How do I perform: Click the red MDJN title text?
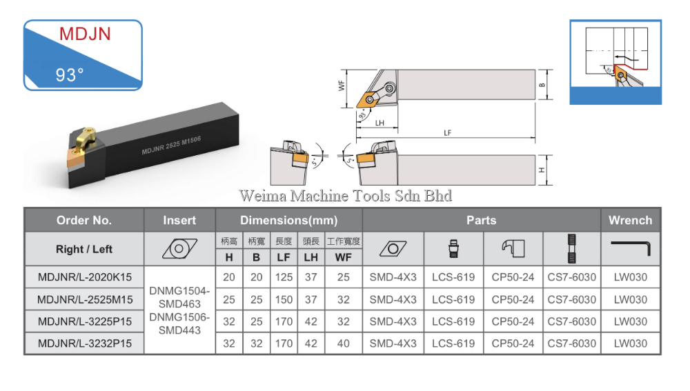click(85, 34)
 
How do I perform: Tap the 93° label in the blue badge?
click(69, 74)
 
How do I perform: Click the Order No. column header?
click(84, 220)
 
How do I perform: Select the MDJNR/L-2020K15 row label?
click(84, 277)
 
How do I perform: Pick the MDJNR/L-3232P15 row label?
click(84, 343)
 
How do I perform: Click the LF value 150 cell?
click(282, 299)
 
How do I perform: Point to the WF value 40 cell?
click(344, 343)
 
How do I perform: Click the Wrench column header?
click(630, 220)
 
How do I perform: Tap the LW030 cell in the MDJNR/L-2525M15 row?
click(630, 299)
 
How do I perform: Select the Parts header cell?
click(481, 220)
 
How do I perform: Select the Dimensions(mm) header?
click(288, 220)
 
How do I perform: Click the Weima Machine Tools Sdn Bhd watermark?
click(345, 196)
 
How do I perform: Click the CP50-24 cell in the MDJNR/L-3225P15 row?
click(513, 321)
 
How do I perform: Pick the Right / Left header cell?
click(84, 249)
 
